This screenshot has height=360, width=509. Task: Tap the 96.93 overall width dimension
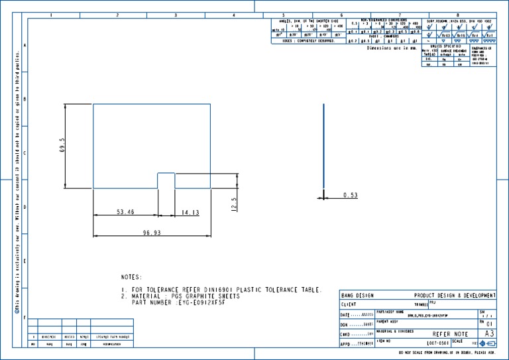tap(152, 232)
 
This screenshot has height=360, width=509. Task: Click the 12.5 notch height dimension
tap(233, 203)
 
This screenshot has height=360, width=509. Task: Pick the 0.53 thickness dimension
tap(351, 195)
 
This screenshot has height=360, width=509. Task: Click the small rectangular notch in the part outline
tap(166, 180)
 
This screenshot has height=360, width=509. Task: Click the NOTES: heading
tap(131, 276)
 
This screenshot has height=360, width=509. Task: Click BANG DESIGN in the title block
tap(357, 295)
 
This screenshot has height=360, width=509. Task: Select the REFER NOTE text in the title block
tap(450, 334)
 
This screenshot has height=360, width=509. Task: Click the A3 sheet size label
tap(489, 333)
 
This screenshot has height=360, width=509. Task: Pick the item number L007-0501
tap(438, 343)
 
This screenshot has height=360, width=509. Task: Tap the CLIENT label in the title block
tap(349, 304)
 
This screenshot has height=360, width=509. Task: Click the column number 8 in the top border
tap(458, 15)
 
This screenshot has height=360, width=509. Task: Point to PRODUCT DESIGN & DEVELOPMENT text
tap(454, 295)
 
